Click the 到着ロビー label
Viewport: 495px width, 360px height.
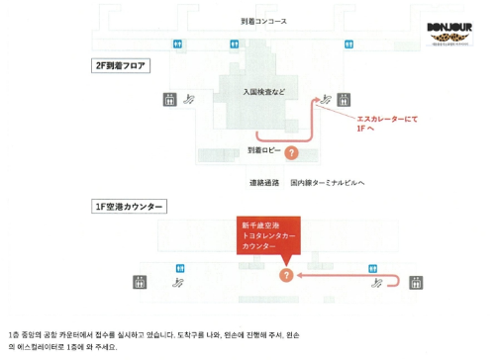264,150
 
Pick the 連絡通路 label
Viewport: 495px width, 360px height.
265,183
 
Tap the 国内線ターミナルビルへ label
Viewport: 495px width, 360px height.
329,183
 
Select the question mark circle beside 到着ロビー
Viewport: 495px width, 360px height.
291,152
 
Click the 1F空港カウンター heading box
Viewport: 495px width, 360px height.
128,206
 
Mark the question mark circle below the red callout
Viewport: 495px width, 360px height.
285,276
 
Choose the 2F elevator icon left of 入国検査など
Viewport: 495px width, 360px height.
170,98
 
